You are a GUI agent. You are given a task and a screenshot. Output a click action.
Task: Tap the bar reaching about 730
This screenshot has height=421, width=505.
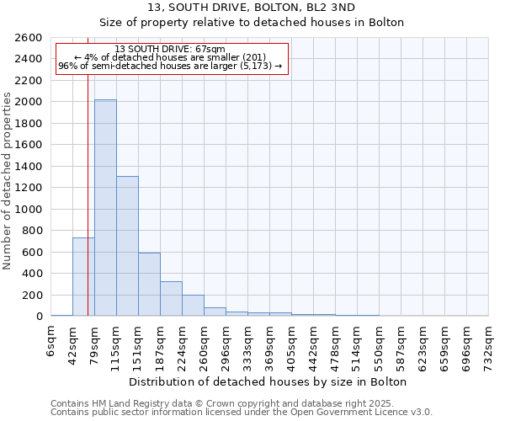pyautogui.click(x=83, y=277)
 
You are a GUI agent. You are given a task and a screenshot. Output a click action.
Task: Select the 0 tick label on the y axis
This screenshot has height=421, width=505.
pyautogui.click(x=39, y=317)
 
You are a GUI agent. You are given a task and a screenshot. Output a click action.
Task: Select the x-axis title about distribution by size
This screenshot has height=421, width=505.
pyautogui.click(x=269, y=381)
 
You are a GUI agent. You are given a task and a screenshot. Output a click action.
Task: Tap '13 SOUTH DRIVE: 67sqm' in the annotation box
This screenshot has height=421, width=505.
pyautogui.click(x=170, y=50)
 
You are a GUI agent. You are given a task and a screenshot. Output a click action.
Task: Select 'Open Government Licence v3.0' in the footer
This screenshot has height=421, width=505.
pyautogui.click(x=365, y=412)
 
